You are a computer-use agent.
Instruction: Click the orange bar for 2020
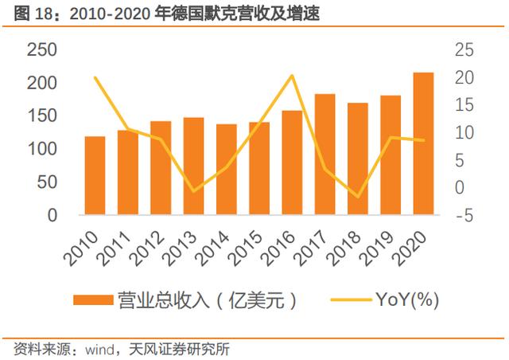click(423, 143)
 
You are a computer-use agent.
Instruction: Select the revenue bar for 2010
click(95, 175)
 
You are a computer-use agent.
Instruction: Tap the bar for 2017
click(325, 155)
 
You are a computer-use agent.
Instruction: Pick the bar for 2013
click(193, 166)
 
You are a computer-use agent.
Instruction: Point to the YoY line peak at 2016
click(292, 76)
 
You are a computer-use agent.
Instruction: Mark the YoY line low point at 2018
click(358, 197)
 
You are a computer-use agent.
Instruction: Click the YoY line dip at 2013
click(193, 191)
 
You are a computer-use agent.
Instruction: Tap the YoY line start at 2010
click(95, 78)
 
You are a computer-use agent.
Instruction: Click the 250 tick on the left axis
click(42, 50)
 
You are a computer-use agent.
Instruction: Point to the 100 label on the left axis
click(42, 149)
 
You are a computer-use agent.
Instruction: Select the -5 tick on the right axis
click(464, 215)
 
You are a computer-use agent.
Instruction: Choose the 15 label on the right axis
click(464, 105)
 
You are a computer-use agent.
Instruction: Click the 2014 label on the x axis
click(213, 248)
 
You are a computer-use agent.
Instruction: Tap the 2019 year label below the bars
click(377, 248)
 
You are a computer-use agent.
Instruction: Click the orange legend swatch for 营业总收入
click(93, 299)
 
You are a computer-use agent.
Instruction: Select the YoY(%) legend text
click(407, 299)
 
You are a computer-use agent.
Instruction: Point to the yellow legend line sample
click(351, 299)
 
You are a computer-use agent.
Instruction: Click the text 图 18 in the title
click(33, 14)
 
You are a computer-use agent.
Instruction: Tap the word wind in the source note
click(99, 350)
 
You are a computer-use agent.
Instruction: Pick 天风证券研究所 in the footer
click(179, 350)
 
